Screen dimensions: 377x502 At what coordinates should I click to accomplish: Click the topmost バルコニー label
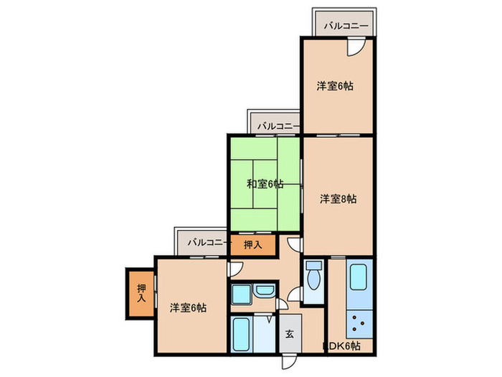click(346, 27)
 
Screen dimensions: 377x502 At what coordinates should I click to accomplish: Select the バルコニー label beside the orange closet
click(207, 243)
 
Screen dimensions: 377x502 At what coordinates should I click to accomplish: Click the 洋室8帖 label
click(338, 199)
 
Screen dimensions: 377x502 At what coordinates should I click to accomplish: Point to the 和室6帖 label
click(265, 184)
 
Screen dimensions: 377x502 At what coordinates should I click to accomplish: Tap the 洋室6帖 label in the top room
click(336, 86)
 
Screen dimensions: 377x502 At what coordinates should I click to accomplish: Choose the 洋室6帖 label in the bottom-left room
click(189, 307)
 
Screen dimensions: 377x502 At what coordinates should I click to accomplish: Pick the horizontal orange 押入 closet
click(252, 246)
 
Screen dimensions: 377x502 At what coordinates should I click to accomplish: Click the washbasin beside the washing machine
click(264, 292)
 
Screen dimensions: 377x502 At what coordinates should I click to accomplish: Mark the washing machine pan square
click(241, 294)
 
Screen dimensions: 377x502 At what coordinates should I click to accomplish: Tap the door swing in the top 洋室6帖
click(355, 47)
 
